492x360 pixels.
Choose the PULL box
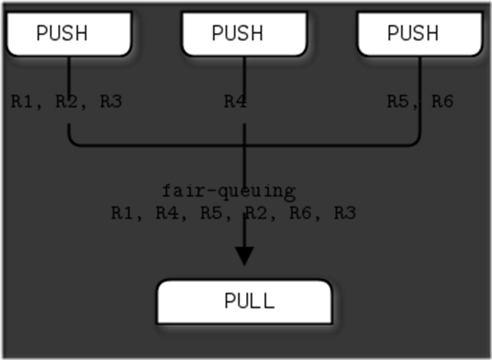(244, 300)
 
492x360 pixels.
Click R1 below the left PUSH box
(22, 101)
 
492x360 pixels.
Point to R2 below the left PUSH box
(67, 101)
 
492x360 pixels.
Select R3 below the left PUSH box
(112, 101)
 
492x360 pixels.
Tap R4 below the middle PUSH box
(235, 101)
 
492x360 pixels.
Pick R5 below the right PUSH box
(398, 101)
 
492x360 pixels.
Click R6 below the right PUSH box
(442, 101)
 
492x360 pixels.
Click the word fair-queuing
(228, 191)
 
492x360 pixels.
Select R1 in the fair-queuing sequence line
(122, 212)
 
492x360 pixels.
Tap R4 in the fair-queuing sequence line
(167, 212)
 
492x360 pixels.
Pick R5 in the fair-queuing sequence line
(212, 212)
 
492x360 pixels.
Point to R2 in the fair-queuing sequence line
(257, 212)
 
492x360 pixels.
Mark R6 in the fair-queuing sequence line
(301, 212)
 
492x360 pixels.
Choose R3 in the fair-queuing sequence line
(345, 212)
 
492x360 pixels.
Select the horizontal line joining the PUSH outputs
(153, 144)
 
